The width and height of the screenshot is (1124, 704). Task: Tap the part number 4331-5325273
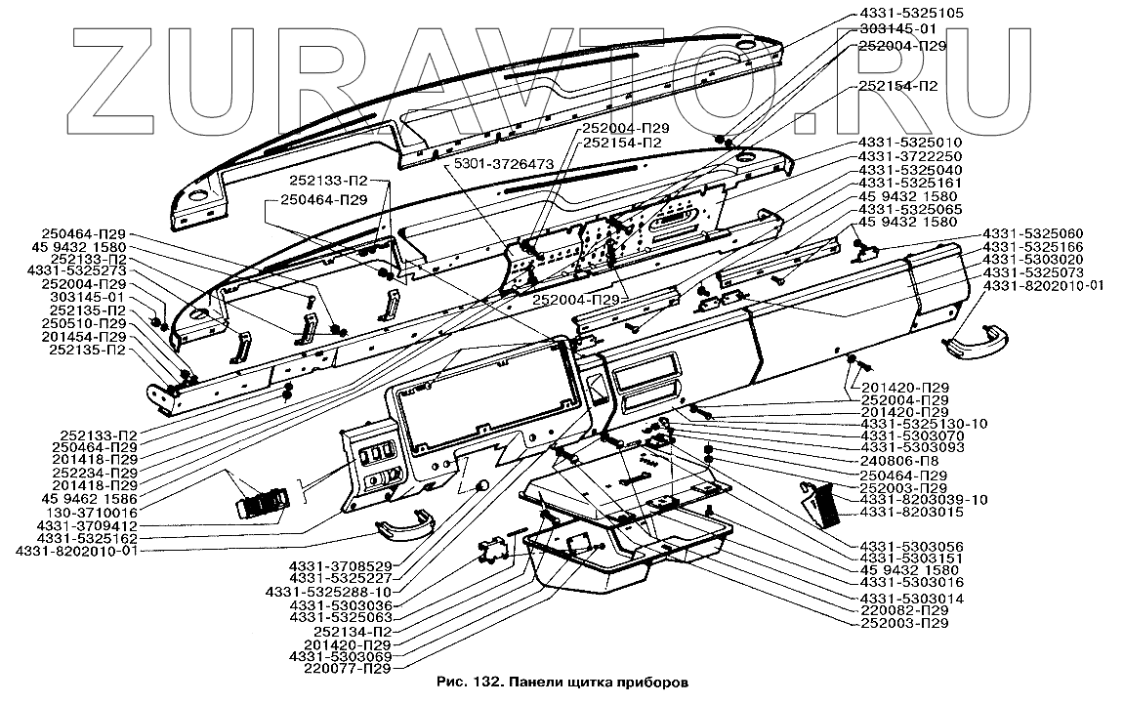tap(77, 271)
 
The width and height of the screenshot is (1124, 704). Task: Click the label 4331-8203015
tap(910, 512)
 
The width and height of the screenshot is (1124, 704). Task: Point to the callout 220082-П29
tap(903, 610)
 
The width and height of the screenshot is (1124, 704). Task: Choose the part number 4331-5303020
tap(1034, 259)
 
